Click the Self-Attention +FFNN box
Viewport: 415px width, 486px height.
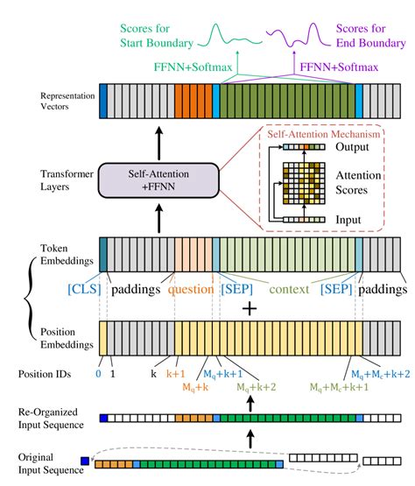[x=158, y=180]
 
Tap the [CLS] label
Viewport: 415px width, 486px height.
[x=84, y=289]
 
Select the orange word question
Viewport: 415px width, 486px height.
[x=191, y=290]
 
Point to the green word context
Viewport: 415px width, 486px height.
[x=289, y=290]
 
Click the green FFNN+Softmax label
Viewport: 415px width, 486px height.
[x=193, y=67]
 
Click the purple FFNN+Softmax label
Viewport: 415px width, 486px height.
[x=339, y=67]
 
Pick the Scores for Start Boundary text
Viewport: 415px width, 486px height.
[x=157, y=36]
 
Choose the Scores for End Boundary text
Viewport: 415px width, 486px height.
[x=370, y=36]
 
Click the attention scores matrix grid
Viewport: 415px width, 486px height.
[x=304, y=184]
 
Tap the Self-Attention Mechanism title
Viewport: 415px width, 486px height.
[x=324, y=134]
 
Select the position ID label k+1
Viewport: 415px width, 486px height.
[x=175, y=374]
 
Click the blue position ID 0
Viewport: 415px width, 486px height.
[x=98, y=374]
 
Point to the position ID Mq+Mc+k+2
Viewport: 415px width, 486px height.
[x=380, y=375]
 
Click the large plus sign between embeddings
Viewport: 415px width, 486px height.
[x=250, y=309]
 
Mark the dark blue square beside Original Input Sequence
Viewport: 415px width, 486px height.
[x=85, y=461]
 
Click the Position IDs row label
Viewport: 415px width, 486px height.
[x=45, y=374]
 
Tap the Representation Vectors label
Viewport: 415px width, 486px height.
[x=67, y=101]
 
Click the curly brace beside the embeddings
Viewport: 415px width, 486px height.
[x=30, y=299]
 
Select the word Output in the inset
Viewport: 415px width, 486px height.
[x=352, y=147]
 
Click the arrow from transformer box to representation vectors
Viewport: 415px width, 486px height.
[x=159, y=144]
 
